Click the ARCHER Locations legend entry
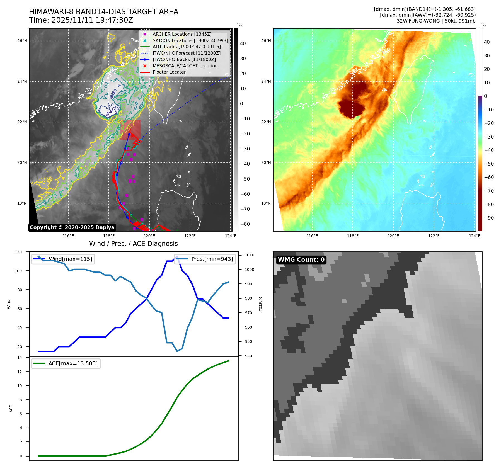coord(182,34)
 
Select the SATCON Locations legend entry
coord(190,40)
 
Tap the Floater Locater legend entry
coord(169,72)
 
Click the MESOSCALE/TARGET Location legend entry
coord(185,66)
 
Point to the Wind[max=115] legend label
coord(70,259)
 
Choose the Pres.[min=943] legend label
coord(212,259)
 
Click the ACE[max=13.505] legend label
coord(73,363)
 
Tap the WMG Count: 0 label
coord(301,260)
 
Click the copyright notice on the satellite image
coord(72,227)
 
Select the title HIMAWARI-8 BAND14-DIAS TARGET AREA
coord(103,12)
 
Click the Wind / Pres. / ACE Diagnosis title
coord(133,244)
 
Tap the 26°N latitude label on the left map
coord(22,41)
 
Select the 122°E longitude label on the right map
coord(434,236)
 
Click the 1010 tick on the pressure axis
coord(250,255)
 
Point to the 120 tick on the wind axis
coord(18,252)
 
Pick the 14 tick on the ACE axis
coord(20,358)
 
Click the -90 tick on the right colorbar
coord(489,218)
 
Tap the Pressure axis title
coord(260,304)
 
